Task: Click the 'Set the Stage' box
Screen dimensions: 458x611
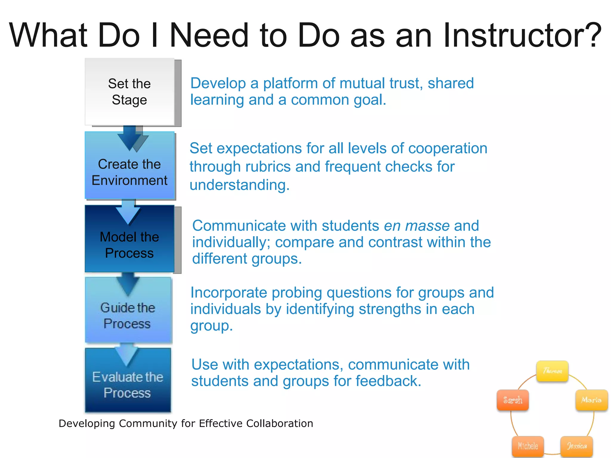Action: (129, 92)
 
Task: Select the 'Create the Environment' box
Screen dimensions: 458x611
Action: (129, 172)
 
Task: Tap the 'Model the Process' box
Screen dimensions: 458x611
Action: (129, 245)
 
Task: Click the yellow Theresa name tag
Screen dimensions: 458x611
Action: (552, 371)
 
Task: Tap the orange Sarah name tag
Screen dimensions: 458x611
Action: (513, 400)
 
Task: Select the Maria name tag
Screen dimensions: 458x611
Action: (591, 400)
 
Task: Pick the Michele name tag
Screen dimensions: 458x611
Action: (528, 446)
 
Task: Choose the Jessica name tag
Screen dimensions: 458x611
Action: (577, 446)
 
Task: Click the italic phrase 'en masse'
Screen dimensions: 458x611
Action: (416, 226)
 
